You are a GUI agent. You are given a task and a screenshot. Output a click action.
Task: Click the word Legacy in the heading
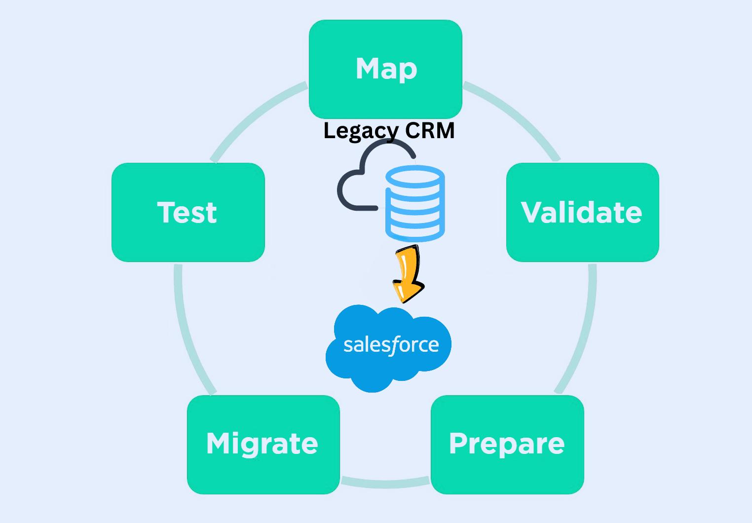point(360,131)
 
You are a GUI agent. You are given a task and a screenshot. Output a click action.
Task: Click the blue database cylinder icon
point(415,203)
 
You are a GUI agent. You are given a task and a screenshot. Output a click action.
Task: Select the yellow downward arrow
point(409,274)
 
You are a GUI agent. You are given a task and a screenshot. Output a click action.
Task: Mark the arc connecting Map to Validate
point(516,116)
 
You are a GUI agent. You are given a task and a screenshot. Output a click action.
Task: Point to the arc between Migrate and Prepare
point(385,484)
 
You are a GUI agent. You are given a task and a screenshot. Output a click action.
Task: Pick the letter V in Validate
point(532,212)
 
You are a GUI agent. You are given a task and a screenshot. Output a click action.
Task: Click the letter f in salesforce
point(394,344)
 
